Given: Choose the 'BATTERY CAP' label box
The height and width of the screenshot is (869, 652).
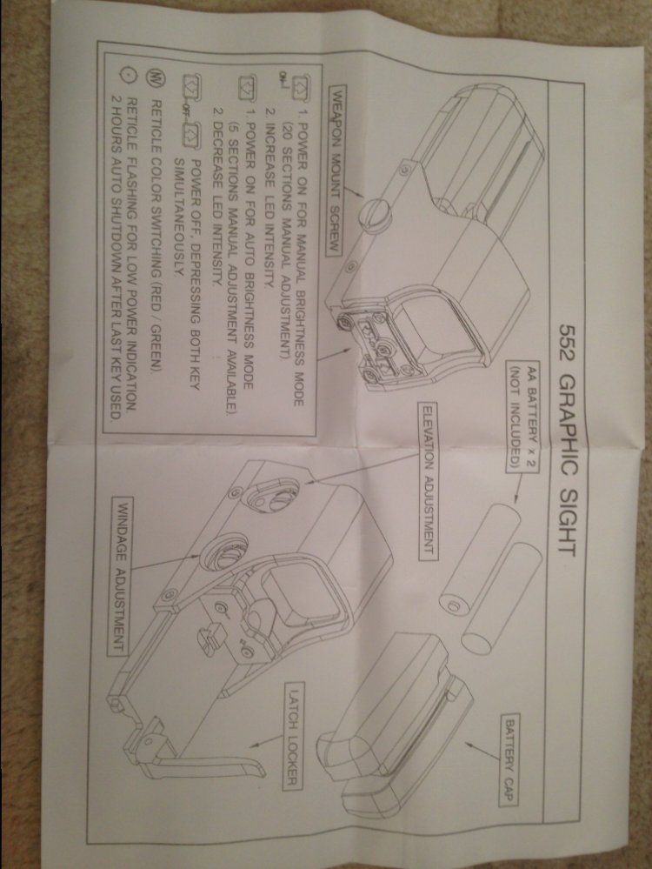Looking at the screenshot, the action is [510, 759].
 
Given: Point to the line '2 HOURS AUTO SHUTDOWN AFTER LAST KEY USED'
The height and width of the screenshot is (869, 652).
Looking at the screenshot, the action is [116, 257].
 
